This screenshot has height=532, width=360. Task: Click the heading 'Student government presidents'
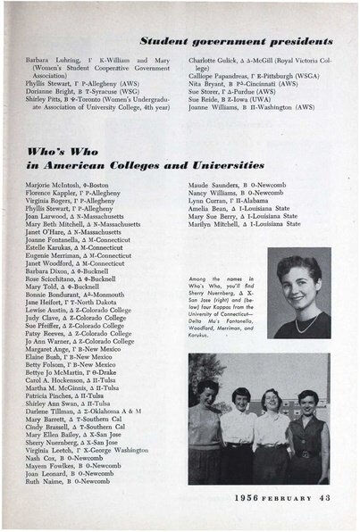237,41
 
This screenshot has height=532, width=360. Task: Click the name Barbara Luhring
46,59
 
